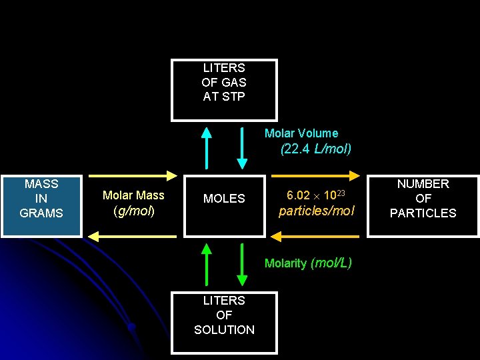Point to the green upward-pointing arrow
pyautogui.click(x=207, y=264)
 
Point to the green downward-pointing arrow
pyautogui.click(x=242, y=264)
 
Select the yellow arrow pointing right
pyautogui.click(x=133, y=176)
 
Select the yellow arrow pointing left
pyautogui.click(x=133, y=236)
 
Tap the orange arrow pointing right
pyautogui.click(x=317, y=176)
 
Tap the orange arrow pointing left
pyautogui.click(x=317, y=236)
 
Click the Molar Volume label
pyautogui.click(x=301, y=133)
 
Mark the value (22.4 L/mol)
pyautogui.click(x=316, y=149)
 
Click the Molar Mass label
pyautogui.click(x=133, y=195)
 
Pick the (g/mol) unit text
pyautogui.click(x=134, y=211)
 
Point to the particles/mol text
pyautogui.click(x=316, y=211)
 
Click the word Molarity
pyautogui.click(x=285, y=263)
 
